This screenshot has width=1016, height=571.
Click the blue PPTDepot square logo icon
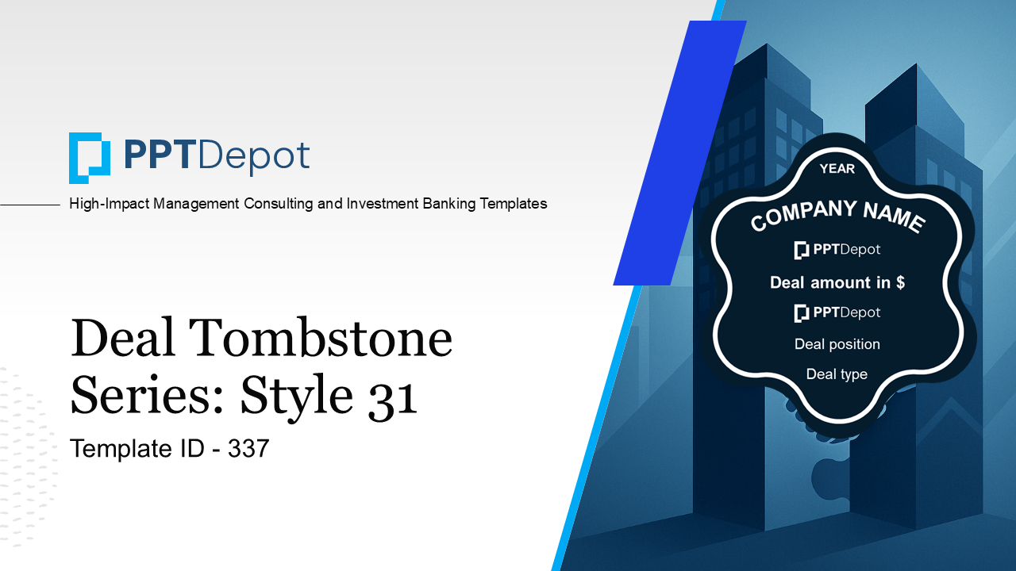(89, 157)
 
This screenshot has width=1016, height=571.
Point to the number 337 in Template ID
(248, 449)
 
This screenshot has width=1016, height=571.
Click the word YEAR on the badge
(837, 168)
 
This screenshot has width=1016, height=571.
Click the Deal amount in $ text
(837, 282)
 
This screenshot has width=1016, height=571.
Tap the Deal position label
(837, 344)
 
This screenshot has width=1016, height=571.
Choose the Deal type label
(837, 374)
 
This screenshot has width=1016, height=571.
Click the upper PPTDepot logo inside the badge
(837, 250)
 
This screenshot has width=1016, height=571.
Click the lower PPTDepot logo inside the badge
(837, 312)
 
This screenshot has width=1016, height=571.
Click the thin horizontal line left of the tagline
(30, 205)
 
